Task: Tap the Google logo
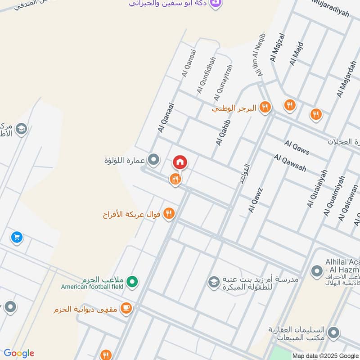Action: coord(19,353)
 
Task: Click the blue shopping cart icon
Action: coord(17,236)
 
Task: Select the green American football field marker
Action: coord(132,282)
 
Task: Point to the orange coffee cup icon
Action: coord(127,308)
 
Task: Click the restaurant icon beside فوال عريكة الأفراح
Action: coord(169,213)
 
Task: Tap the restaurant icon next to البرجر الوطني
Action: coord(265,107)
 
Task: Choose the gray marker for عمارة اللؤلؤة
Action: coord(154,159)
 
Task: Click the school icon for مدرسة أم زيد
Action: coord(213,283)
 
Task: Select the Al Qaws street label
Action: coord(297,148)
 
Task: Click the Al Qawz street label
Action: coord(255,200)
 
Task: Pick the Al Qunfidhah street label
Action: coord(206,76)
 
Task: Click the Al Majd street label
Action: coord(297,54)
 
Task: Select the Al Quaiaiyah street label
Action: coord(317,189)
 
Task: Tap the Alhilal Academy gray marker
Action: coord(316,271)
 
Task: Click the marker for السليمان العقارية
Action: coord(333,333)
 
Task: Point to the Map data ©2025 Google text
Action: coord(325,355)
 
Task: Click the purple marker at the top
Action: coord(216,3)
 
